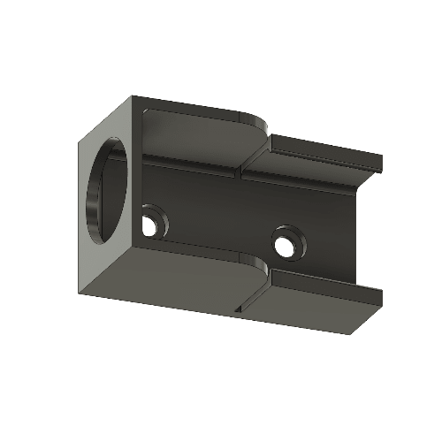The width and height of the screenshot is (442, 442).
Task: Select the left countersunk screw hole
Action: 153,220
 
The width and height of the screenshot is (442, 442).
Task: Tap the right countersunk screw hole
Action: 286,239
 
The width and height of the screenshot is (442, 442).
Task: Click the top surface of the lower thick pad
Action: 194,256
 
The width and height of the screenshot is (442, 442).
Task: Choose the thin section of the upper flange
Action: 318,152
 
